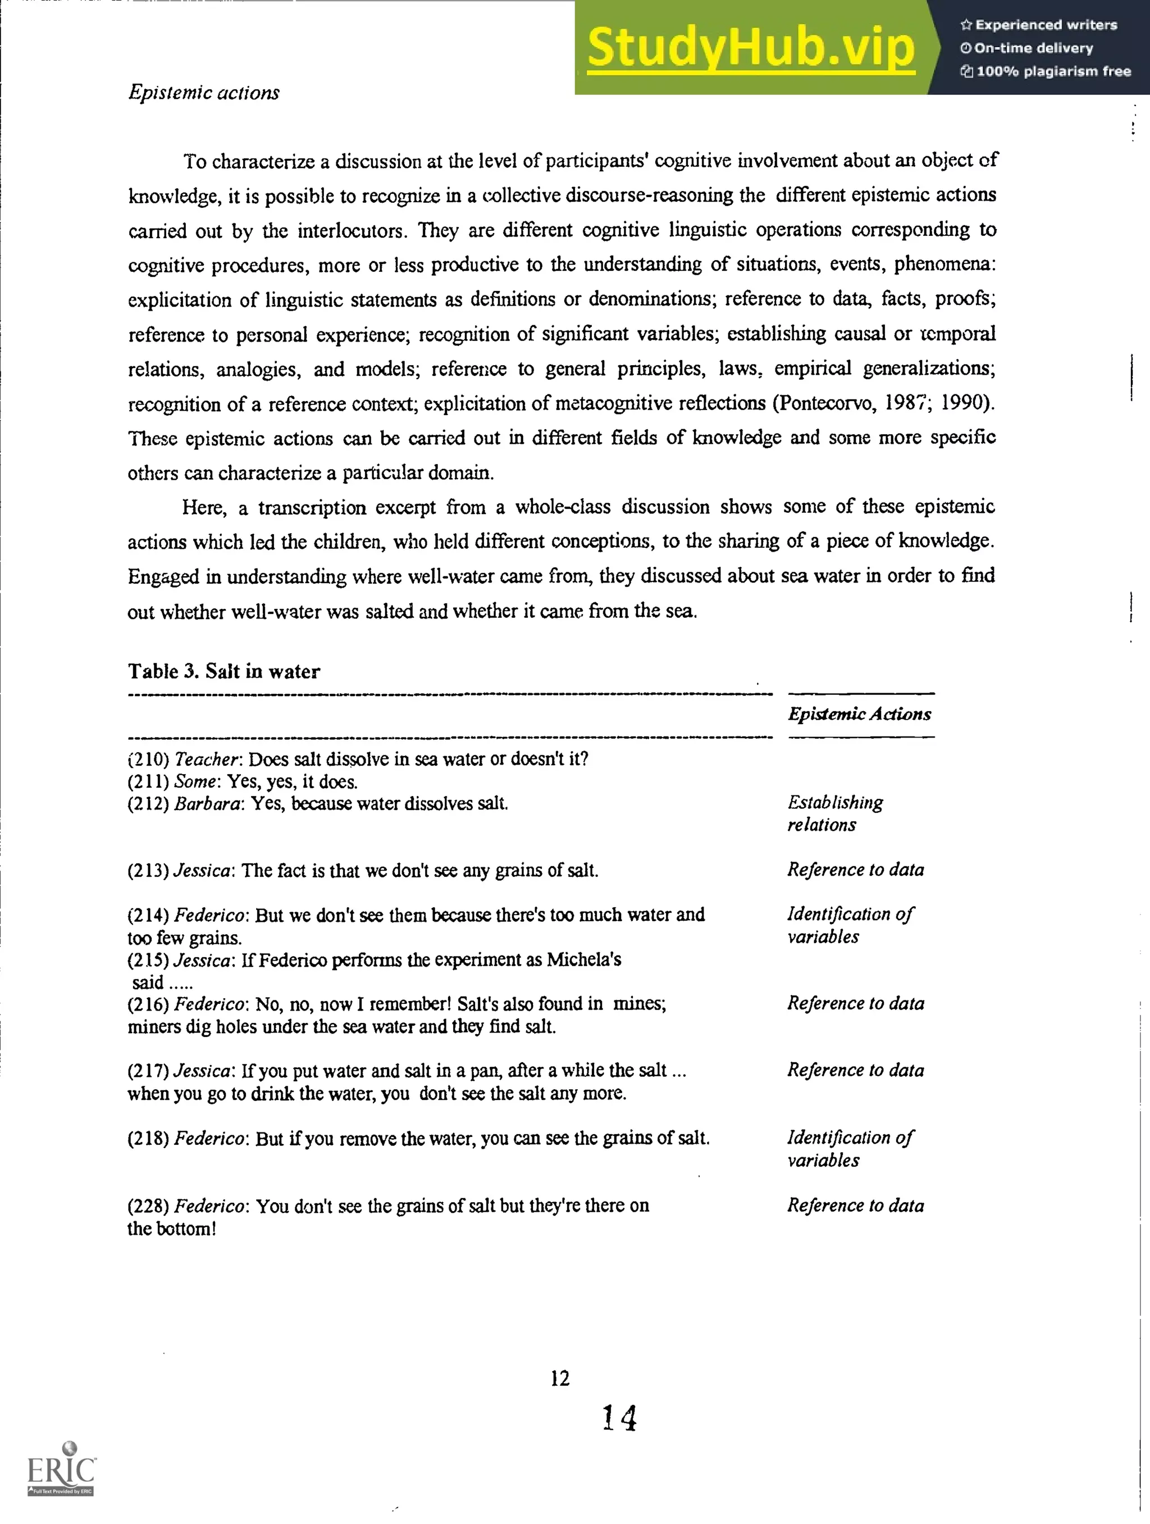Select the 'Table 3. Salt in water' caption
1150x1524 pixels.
point(224,671)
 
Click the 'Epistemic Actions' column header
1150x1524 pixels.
point(859,714)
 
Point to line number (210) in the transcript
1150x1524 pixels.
point(148,759)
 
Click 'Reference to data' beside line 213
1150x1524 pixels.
point(855,870)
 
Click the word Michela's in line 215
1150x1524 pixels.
point(584,960)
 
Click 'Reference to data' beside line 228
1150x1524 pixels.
point(855,1205)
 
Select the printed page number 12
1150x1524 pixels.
point(560,1378)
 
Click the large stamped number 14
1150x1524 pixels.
point(619,1418)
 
